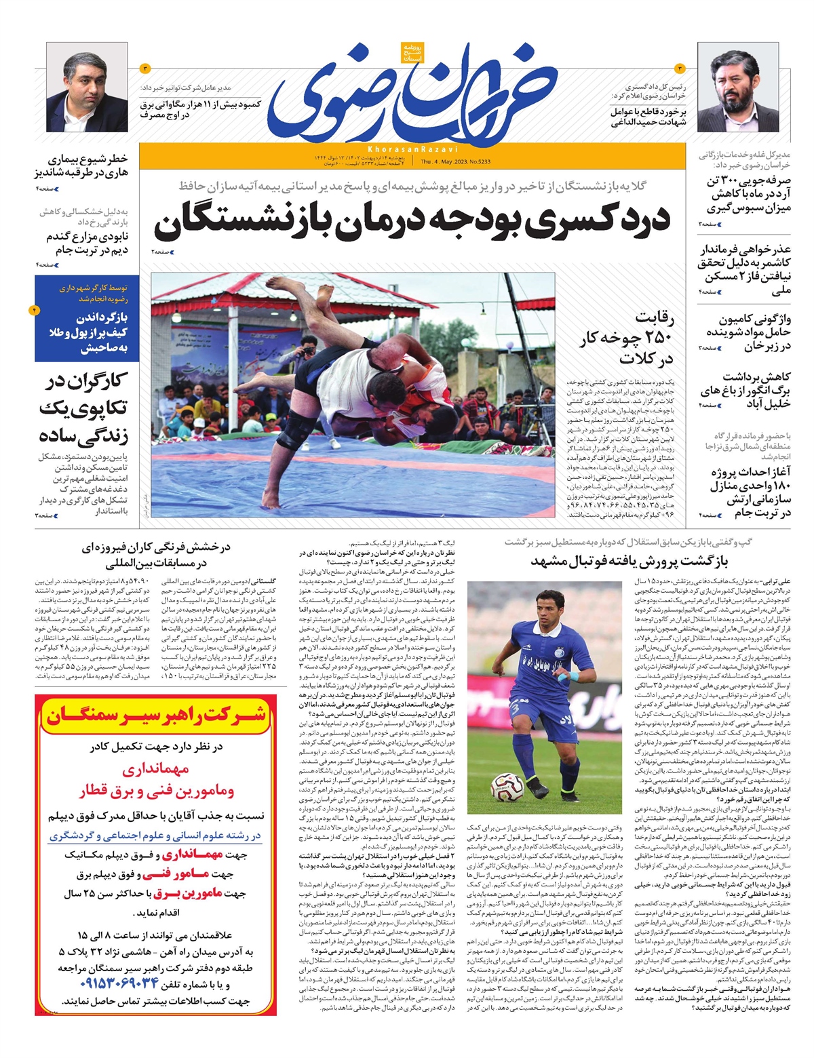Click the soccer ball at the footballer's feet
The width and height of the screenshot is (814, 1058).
pos(507,787)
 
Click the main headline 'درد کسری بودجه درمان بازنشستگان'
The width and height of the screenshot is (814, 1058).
pos(412,220)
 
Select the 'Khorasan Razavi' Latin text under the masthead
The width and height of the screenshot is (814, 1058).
pos(412,149)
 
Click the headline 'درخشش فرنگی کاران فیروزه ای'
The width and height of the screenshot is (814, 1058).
pos(155,555)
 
